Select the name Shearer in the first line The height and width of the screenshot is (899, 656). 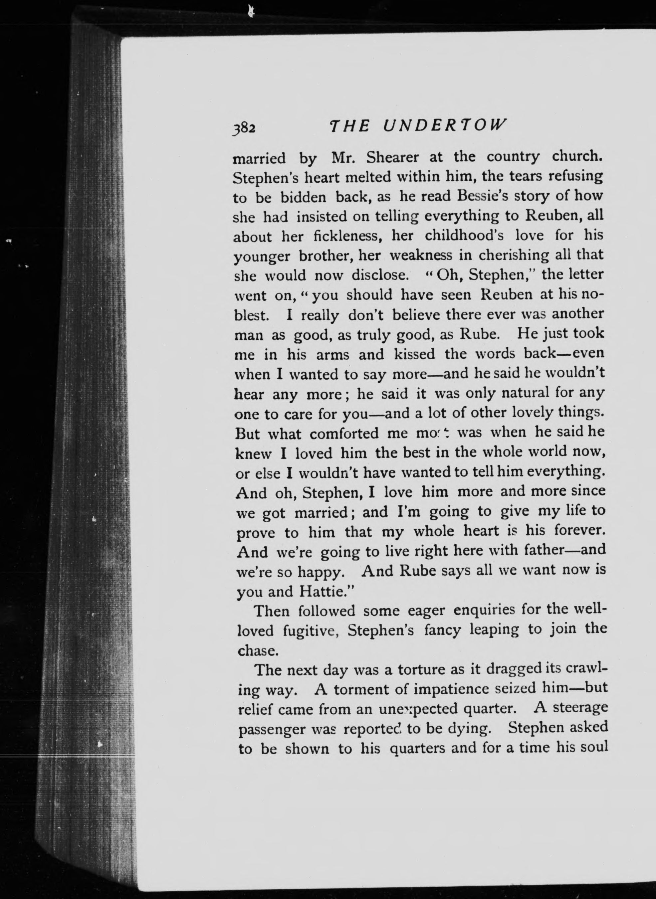[x=392, y=158]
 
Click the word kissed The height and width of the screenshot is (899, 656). [x=415, y=354]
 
